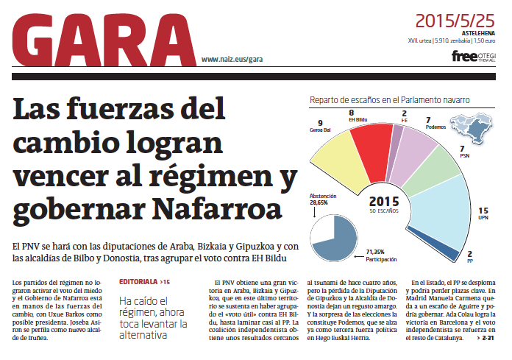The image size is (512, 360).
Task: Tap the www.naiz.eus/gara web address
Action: (232, 59)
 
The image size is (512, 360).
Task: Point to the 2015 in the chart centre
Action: (383, 201)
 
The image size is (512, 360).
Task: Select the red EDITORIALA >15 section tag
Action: (144, 281)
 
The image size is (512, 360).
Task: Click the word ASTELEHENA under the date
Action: (481, 34)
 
